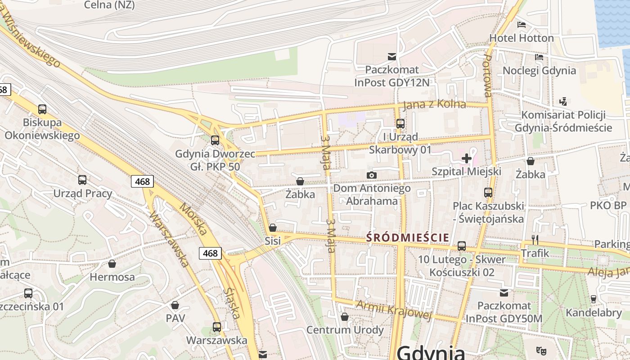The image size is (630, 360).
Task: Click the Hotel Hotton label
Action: click(522, 38)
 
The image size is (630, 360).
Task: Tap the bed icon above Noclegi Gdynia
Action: click(539, 57)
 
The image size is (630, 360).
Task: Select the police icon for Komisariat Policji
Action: click(563, 101)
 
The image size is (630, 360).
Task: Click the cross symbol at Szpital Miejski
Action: click(467, 158)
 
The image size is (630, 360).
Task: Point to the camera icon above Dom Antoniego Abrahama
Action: click(372, 175)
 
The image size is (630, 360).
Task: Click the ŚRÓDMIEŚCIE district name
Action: click(408, 237)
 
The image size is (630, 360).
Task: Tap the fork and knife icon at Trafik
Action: click(535, 239)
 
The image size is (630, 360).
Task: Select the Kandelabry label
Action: click(594, 312)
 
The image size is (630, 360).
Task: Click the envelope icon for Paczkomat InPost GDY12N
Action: click(392, 56)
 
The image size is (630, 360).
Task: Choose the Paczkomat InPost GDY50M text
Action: click(504, 312)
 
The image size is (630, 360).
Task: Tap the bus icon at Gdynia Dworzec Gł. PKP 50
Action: click(215, 140)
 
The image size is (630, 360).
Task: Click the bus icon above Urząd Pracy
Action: click(82, 180)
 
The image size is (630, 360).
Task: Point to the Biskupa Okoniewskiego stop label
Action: click(42, 129)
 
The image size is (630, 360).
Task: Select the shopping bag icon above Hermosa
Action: click(112, 263)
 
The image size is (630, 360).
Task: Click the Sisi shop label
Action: click(273, 241)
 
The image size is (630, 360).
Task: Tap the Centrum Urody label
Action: click(345, 330)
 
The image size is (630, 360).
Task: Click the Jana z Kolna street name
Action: click(434, 104)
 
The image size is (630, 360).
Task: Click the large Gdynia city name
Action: click(431, 352)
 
